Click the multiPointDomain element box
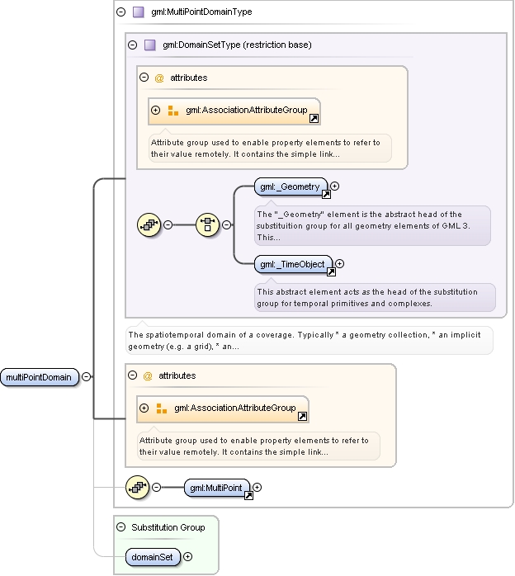point(40,377)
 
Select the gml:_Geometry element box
point(291,187)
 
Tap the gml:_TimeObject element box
point(293,265)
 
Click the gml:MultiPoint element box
point(216,488)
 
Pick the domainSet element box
point(153,557)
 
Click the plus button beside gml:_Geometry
point(334,186)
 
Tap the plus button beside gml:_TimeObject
point(340,264)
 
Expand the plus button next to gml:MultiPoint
point(257,488)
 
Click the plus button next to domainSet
point(187,557)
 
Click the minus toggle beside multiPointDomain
point(87,377)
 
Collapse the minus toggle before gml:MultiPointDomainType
point(120,12)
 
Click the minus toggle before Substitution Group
point(120,527)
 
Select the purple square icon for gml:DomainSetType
point(150,45)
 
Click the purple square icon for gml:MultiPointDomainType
point(139,12)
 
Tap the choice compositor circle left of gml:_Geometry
point(207,224)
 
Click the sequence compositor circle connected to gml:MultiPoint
point(137,488)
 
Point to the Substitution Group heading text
point(168,527)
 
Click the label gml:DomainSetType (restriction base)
point(237,45)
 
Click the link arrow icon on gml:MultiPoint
point(248,496)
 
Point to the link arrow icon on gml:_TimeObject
point(331,272)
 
